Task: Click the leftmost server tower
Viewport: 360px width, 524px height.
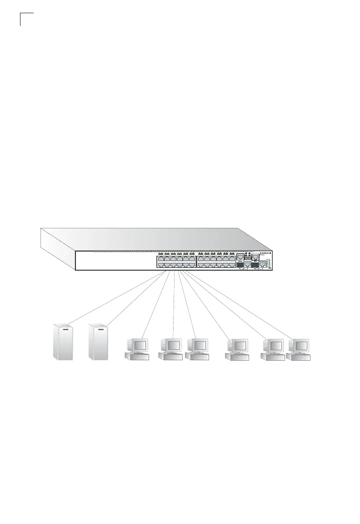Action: [63, 342]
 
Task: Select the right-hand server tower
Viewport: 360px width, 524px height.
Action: [98, 342]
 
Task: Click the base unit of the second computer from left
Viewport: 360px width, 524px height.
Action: [170, 357]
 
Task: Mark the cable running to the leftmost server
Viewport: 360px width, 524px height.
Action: [114, 297]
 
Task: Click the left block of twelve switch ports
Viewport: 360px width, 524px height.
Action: [176, 262]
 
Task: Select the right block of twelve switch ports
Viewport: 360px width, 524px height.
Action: [216, 262]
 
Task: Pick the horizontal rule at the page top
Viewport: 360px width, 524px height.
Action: [182, 14]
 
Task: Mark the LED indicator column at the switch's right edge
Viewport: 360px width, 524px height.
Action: [269, 264]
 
